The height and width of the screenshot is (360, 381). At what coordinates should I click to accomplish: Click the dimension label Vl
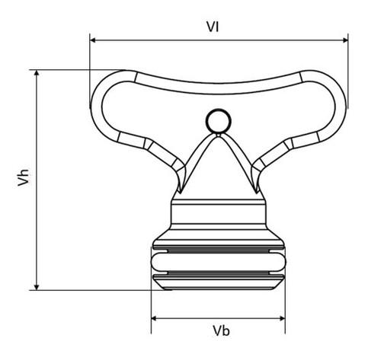tap(213, 27)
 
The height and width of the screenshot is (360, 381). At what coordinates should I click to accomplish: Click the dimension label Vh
tap(24, 177)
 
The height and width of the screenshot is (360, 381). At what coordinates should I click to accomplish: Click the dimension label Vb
tap(221, 331)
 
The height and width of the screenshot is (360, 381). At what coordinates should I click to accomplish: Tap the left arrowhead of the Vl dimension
tap(93, 40)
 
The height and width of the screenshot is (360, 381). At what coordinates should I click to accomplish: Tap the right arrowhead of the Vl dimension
tap(345, 40)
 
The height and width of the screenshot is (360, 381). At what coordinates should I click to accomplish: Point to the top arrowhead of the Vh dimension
tap(37, 73)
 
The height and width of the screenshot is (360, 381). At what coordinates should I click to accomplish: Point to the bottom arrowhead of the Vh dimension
tap(37, 287)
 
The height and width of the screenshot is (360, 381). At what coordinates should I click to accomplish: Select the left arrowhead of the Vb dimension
tap(155, 318)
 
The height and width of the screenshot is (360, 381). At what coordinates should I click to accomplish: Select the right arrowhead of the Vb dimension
tap(282, 318)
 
